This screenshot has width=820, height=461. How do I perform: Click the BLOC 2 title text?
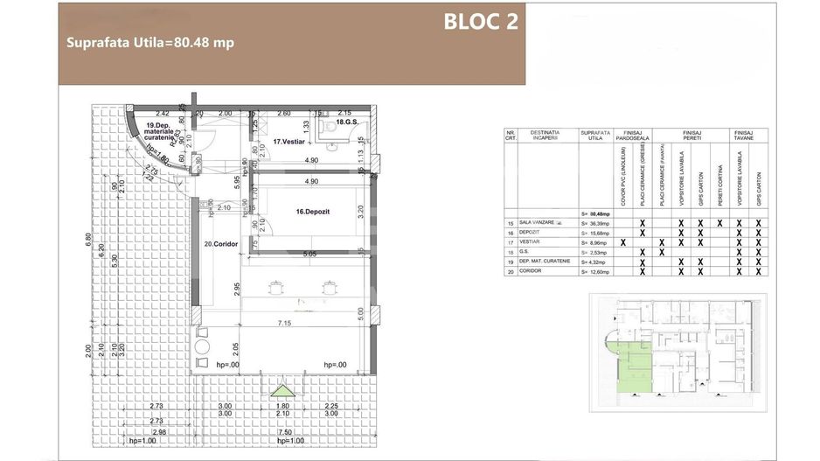[x=481, y=22]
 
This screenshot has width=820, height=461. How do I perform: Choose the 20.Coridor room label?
[x=221, y=245]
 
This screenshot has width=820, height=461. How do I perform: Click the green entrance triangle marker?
[x=281, y=390]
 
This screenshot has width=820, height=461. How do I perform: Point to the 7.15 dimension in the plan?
[x=285, y=324]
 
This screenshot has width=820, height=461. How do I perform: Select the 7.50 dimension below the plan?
[x=281, y=431]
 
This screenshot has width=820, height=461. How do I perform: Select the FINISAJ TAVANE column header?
[x=748, y=138]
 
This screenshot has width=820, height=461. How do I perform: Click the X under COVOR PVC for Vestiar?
[x=622, y=242]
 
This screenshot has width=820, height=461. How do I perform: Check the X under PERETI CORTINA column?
[x=719, y=223]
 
